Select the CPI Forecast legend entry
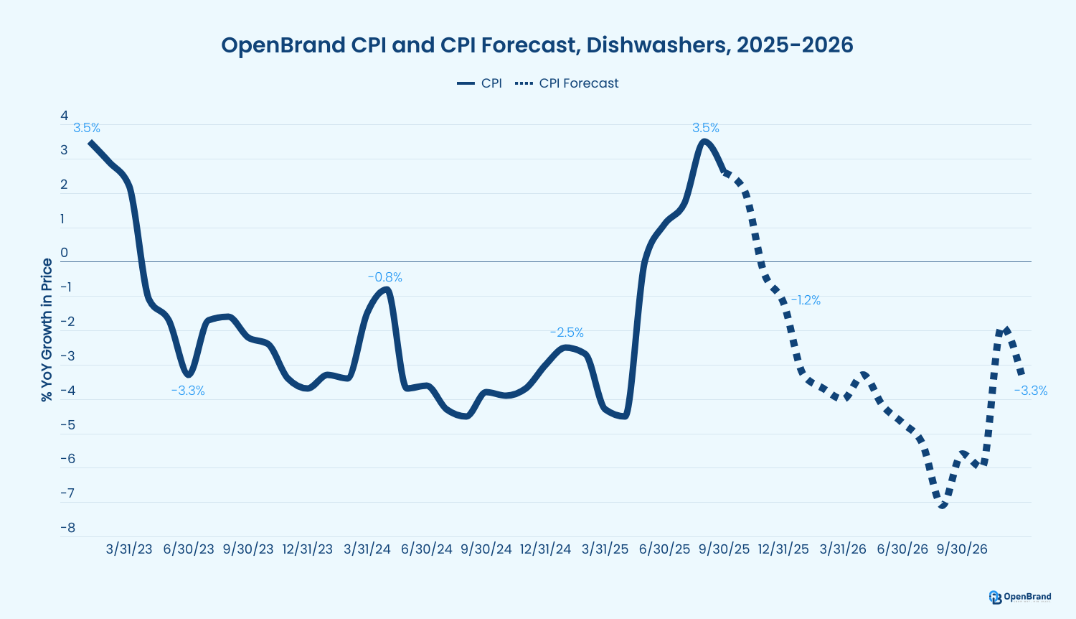[x=567, y=83]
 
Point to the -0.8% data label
[x=384, y=277]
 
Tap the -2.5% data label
[x=567, y=332]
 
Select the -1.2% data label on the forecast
[x=805, y=300]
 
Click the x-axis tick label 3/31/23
[x=129, y=549]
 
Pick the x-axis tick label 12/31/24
[x=545, y=549]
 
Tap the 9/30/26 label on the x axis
[x=961, y=549]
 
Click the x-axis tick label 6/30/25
[x=664, y=549]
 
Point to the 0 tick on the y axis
[x=65, y=253]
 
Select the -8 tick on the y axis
[x=67, y=528]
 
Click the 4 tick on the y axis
[x=65, y=116]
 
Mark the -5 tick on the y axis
[x=67, y=424]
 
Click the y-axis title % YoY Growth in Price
[x=47, y=330]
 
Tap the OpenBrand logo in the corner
[x=1019, y=597]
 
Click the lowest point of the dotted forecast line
[x=941, y=506]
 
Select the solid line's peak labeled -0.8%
[x=386, y=289]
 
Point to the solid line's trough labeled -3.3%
[x=188, y=374]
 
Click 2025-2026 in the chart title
[x=795, y=45]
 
